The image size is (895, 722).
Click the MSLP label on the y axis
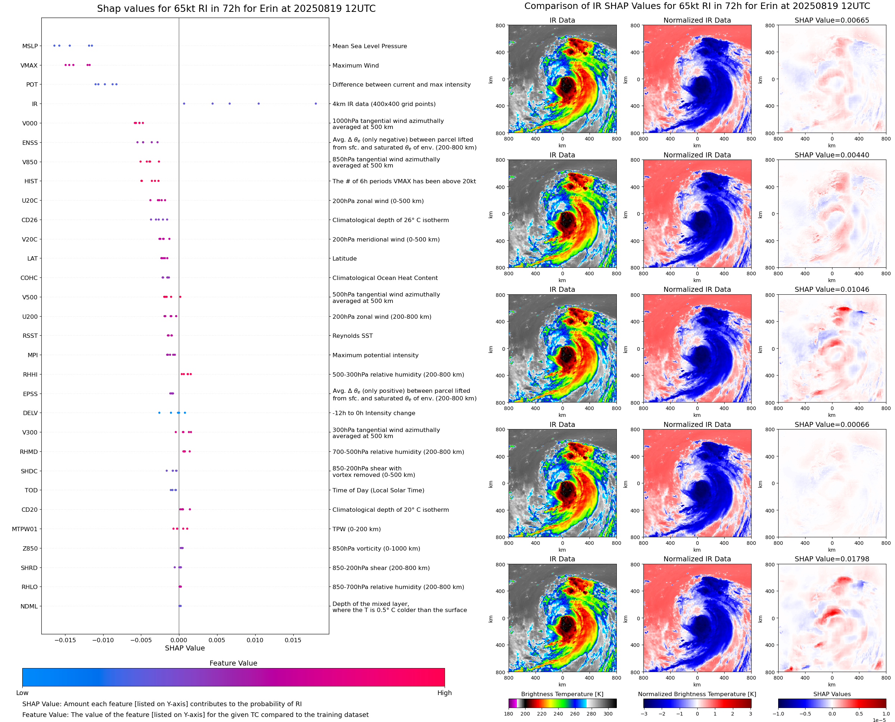tap(29, 46)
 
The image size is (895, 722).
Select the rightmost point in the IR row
tap(316, 104)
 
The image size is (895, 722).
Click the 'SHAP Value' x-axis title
tap(185, 648)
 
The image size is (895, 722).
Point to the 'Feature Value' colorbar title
tap(233, 663)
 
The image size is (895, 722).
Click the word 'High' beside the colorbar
tap(444, 693)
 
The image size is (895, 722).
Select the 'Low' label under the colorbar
tap(22, 693)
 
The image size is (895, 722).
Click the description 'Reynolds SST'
tap(352, 336)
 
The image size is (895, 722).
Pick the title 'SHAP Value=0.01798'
tap(831, 559)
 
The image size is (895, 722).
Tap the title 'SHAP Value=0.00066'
tap(831, 425)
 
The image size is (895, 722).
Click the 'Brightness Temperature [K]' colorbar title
tap(562, 694)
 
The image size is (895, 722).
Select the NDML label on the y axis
tap(29, 606)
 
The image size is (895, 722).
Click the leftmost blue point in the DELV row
tap(159, 413)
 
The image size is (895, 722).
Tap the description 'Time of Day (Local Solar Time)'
tap(378, 490)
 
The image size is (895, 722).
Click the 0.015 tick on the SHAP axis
tap(293, 640)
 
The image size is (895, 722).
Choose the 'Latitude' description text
tap(344, 258)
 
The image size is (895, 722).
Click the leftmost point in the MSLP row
tap(54, 46)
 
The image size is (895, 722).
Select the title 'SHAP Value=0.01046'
tap(831, 289)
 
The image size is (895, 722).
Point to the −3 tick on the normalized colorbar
tap(643, 714)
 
